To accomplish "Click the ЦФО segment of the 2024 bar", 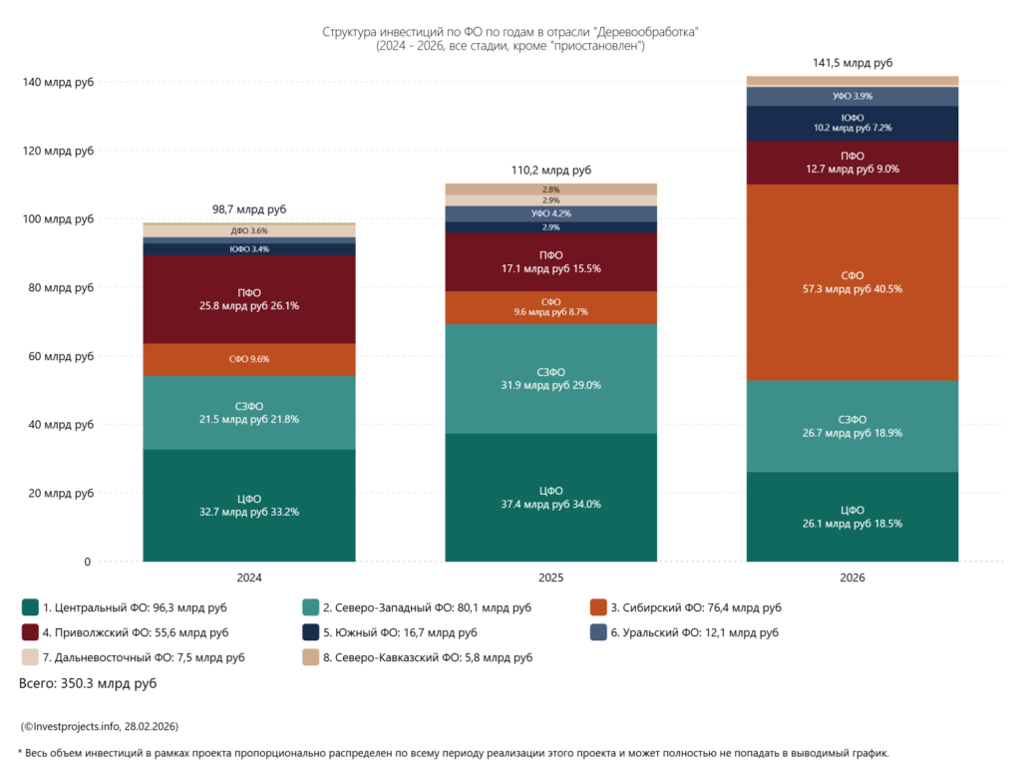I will coord(249,505).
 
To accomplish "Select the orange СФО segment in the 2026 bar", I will coord(852,282).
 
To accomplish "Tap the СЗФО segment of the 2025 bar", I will coord(550,378).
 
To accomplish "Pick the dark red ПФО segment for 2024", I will coord(249,299).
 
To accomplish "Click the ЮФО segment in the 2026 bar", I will coord(852,123).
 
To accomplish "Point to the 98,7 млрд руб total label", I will coord(249,209).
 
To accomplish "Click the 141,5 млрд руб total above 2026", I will coord(852,63).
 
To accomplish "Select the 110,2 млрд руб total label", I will coord(550,172).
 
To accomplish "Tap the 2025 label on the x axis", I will coord(550,578).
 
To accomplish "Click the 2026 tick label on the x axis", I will coord(852,578).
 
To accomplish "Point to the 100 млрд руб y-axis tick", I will coord(58,219).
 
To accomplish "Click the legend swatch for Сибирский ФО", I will coord(599,606).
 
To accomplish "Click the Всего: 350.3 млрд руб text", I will coord(88,684).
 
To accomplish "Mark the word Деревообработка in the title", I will coord(648,32).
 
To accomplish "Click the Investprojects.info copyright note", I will coord(99,726).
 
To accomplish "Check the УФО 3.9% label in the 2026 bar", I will coord(852,97).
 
